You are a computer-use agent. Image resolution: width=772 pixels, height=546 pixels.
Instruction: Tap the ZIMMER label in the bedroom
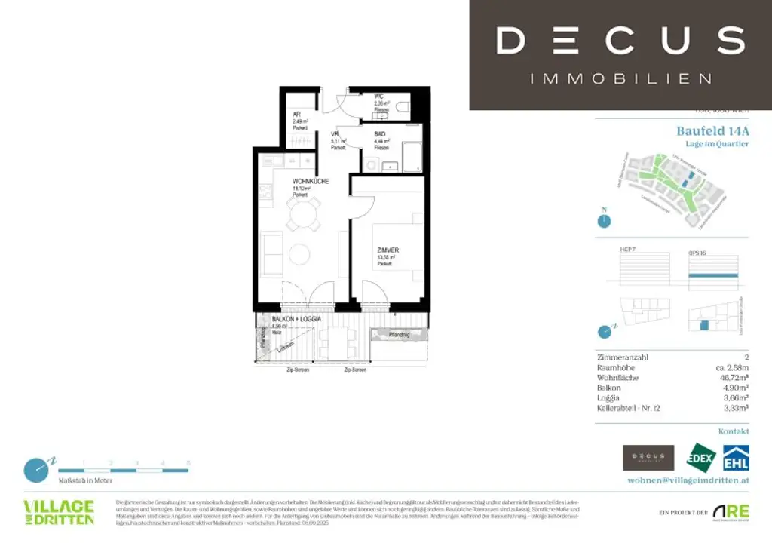388,250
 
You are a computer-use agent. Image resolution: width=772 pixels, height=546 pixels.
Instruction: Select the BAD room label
380,134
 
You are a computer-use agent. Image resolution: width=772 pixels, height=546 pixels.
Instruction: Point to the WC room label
379,97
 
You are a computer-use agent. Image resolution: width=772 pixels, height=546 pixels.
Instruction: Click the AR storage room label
297,115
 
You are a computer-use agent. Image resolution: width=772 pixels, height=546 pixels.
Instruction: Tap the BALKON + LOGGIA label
296,320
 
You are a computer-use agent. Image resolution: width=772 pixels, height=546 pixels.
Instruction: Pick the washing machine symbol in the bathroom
372,164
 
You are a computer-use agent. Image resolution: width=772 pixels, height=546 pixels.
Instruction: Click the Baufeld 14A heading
712,130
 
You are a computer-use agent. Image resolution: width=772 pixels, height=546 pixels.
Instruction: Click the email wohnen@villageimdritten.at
688,480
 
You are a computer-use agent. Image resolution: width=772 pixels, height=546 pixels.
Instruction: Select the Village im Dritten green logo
58,512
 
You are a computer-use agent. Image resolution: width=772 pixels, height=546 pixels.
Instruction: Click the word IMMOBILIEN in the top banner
620,78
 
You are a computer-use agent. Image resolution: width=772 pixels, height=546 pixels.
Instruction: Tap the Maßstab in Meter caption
84,480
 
